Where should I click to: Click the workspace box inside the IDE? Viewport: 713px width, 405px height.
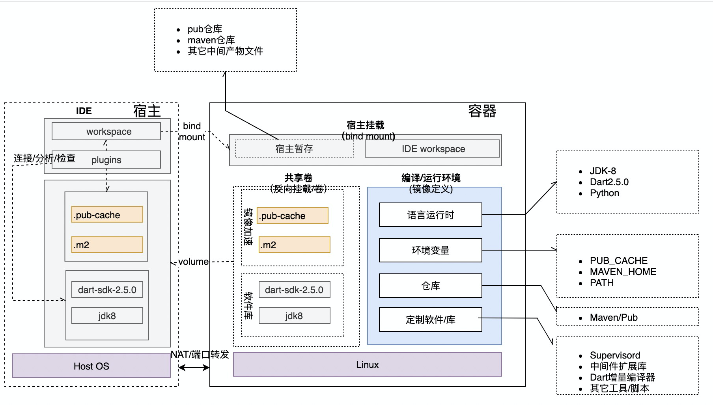[106, 131]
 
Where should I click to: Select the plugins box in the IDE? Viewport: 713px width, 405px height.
[106, 160]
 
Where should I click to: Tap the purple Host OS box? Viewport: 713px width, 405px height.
[91, 366]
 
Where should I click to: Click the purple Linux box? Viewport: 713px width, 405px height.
[367, 365]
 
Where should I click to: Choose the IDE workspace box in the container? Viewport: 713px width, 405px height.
[432, 149]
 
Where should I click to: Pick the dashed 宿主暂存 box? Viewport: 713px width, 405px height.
[294, 149]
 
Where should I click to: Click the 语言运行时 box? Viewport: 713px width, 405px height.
[430, 215]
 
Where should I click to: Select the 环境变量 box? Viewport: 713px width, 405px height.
[430, 250]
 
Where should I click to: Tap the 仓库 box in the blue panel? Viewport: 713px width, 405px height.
[430, 286]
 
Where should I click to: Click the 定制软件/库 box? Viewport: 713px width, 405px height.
[430, 320]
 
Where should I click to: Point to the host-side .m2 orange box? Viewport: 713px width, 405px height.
[107, 245]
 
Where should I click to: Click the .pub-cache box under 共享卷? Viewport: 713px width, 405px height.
[292, 216]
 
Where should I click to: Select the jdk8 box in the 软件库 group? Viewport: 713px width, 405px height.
[294, 316]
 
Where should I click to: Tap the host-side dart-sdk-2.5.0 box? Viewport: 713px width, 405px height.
[107, 290]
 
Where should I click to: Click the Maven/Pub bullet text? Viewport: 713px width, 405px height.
[614, 318]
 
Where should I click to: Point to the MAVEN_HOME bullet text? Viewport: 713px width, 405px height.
[623, 272]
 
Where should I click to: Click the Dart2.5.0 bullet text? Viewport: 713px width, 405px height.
[609, 182]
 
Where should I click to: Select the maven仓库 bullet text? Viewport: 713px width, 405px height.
[211, 40]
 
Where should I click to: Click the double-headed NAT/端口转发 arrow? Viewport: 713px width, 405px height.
[194, 368]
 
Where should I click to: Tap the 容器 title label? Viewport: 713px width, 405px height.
[482, 111]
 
